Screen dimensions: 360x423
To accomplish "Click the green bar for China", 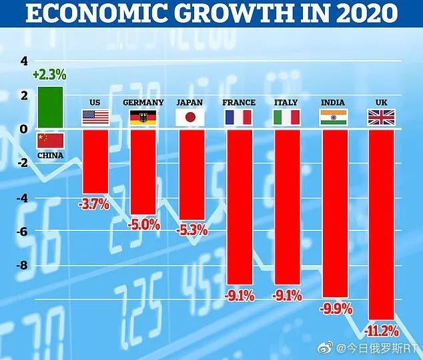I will coord(51,108).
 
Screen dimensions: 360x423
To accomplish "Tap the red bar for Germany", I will coord(143,171).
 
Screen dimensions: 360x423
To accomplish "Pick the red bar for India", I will coord(334,213).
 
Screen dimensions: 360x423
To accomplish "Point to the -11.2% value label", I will coord(381,330).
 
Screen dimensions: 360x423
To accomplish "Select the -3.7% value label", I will coord(94,204).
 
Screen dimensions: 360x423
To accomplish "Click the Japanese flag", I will coord(189,118).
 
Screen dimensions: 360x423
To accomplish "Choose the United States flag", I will coord(95,118).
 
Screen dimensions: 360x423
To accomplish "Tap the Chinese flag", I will coord(51,140).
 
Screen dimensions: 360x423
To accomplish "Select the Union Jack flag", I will coord(380,118).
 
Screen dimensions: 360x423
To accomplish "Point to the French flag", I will coord(238,118).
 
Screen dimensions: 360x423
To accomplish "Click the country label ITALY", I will coord(286,102).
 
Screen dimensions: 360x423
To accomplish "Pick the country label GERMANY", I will coord(143,102).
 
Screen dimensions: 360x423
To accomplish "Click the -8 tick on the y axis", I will coord(22,265).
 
